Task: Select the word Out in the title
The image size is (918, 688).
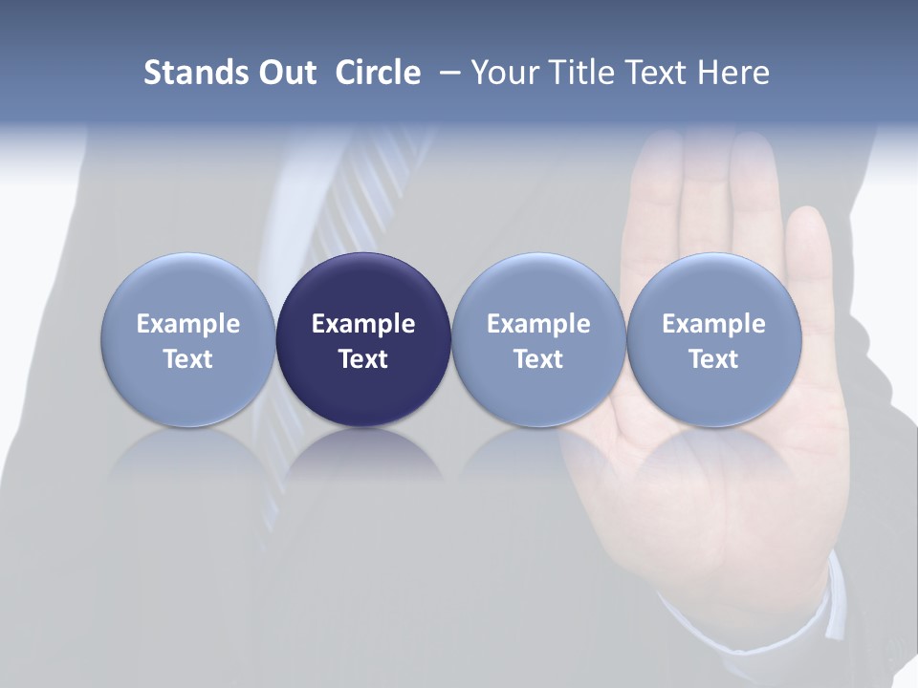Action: pyautogui.click(x=285, y=73)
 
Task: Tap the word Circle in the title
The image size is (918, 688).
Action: pyautogui.click(x=378, y=73)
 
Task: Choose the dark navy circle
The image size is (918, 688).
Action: pyautogui.click(x=363, y=339)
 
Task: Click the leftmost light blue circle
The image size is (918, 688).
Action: pyautogui.click(x=187, y=339)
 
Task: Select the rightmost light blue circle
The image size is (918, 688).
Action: pyautogui.click(x=713, y=339)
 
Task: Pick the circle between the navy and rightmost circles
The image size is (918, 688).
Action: pyautogui.click(x=538, y=339)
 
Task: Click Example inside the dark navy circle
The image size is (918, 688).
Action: pyautogui.click(x=363, y=324)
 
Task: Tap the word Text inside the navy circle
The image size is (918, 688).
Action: pyautogui.click(x=363, y=359)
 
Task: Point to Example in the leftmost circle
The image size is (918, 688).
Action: pyautogui.click(x=187, y=324)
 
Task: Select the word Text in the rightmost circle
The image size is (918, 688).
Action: pyautogui.click(x=713, y=359)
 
